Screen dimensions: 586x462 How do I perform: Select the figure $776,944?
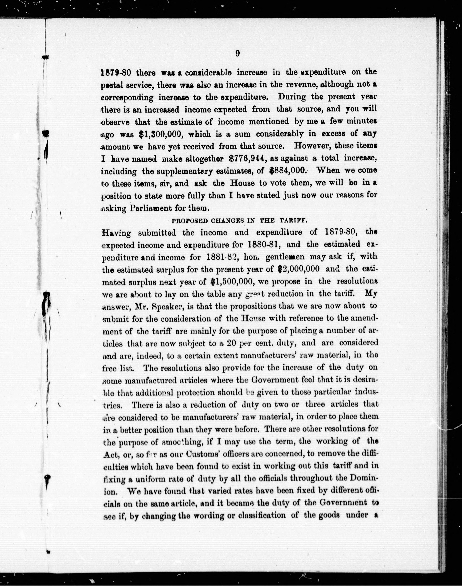(246, 159)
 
